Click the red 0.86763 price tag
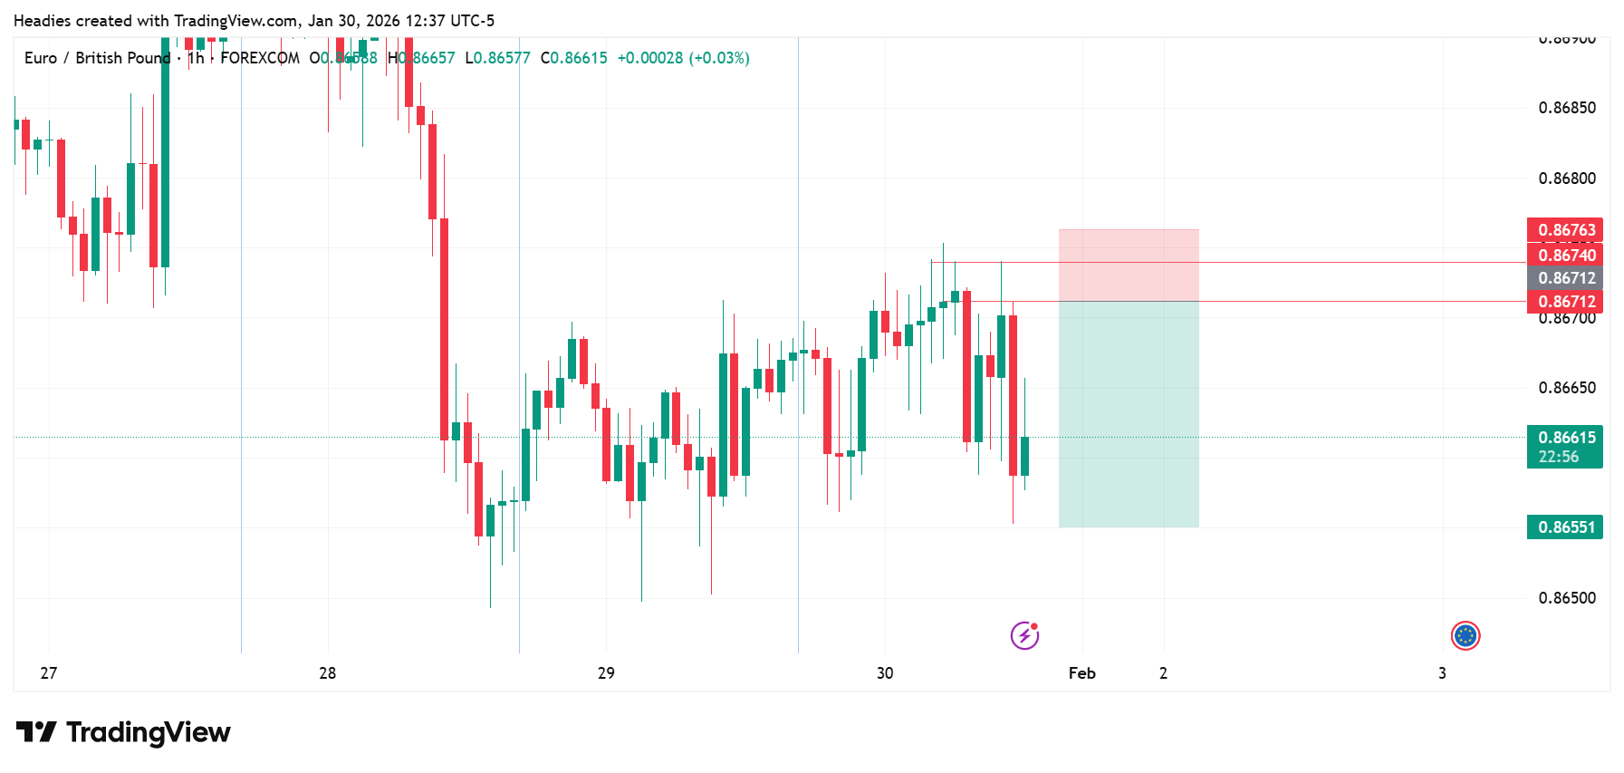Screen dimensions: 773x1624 click(x=1565, y=230)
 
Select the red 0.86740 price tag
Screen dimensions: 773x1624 click(x=1565, y=255)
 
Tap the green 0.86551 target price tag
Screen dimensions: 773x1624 click(x=1565, y=527)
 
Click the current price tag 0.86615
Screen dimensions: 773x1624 click(x=1565, y=438)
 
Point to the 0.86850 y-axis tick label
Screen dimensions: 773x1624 click(x=1567, y=108)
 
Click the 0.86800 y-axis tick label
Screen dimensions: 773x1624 click(x=1567, y=179)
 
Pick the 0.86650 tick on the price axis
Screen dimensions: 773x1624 click(x=1567, y=388)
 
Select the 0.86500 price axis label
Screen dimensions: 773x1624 click(x=1567, y=598)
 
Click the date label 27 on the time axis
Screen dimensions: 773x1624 click(x=49, y=673)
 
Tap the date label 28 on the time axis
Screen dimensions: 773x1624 click(x=328, y=673)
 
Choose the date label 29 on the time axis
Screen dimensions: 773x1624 click(x=606, y=673)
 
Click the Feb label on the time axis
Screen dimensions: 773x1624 click(x=1082, y=673)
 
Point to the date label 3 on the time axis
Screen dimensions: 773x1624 click(x=1443, y=673)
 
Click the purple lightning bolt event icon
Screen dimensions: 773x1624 click(x=1024, y=635)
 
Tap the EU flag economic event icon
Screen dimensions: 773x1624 click(x=1465, y=636)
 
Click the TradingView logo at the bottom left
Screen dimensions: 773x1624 click(x=123, y=732)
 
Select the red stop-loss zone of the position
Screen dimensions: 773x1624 click(x=1129, y=265)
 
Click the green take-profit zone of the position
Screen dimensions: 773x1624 click(x=1129, y=414)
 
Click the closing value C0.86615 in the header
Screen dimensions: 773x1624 click(x=574, y=58)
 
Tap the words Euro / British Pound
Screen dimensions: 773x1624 click(x=97, y=58)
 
